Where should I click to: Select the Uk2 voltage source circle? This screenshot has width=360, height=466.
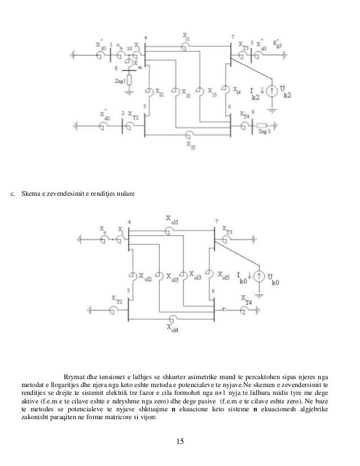(273, 90)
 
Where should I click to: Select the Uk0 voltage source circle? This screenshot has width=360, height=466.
(258, 276)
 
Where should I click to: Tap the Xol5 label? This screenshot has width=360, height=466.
(223, 276)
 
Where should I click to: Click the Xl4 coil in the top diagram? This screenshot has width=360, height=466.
(225, 89)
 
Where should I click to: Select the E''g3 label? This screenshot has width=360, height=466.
(276, 43)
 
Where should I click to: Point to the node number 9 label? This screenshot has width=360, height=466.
(253, 112)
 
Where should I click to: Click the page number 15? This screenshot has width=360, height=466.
(179, 442)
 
